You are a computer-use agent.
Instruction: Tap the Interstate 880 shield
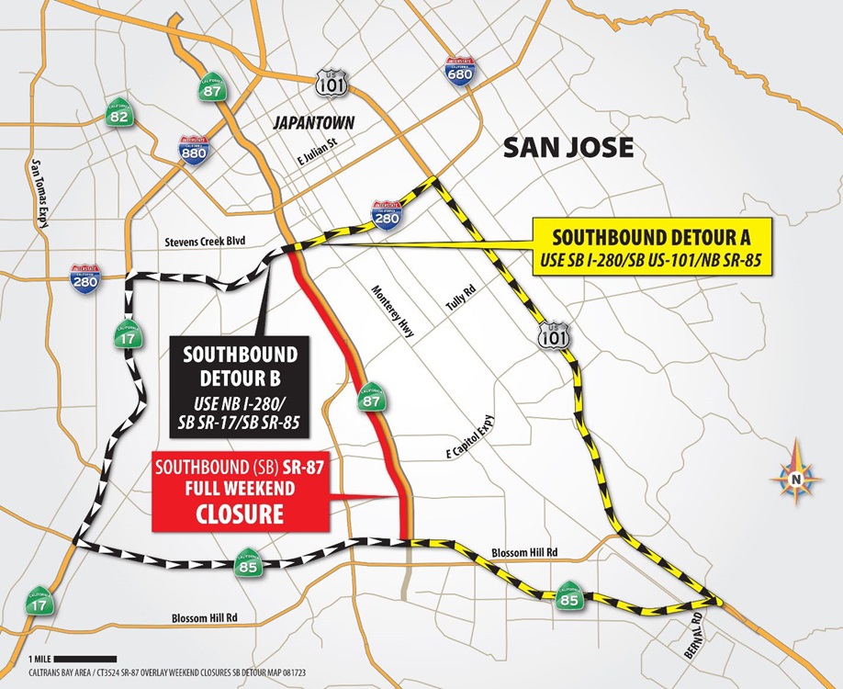coord(194,151)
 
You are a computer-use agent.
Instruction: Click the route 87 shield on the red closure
coord(372,397)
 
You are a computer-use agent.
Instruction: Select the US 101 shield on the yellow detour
coord(548,334)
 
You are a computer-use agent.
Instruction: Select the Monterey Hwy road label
coord(395,312)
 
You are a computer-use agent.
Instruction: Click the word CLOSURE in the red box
coord(240,513)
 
